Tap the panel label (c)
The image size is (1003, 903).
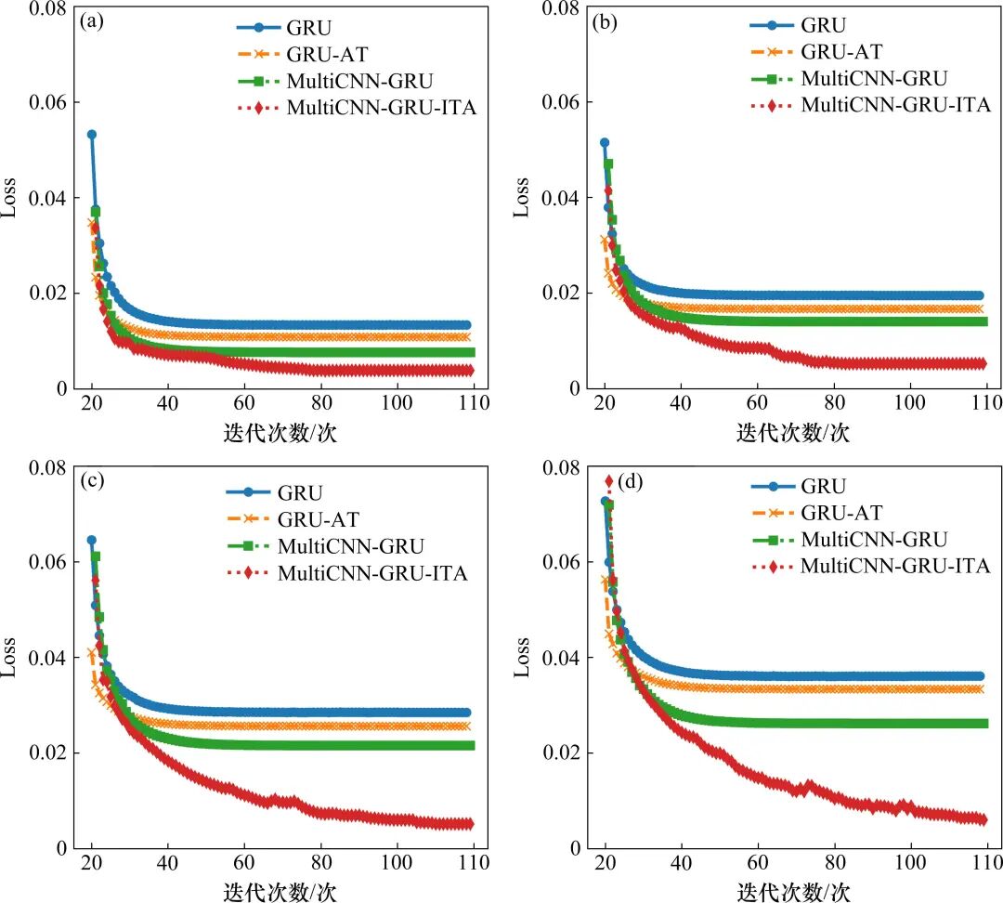coord(92,482)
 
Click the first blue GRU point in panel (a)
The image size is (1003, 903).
coord(92,135)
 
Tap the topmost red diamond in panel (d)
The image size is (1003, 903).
coord(609,481)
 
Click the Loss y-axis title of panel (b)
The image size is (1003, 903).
coord(522,197)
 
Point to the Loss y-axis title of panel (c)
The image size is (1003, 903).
coord(9,657)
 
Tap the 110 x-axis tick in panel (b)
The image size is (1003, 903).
coord(987,404)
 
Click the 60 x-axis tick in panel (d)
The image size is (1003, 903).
coord(758,863)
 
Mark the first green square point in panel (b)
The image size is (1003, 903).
coord(609,164)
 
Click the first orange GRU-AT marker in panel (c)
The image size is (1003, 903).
coord(92,653)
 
